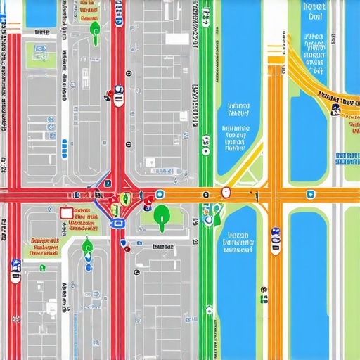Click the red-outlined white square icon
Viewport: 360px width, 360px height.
(67, 213)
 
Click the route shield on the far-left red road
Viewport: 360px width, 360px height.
(15, 269)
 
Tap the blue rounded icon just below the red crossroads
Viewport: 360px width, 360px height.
(117, 223)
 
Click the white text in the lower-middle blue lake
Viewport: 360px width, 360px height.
(237, 241)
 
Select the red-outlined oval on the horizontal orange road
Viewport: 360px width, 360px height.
(226, 192)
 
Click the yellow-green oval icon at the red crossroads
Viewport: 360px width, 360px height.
(124, 198)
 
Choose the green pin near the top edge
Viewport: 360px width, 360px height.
(95, 28)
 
